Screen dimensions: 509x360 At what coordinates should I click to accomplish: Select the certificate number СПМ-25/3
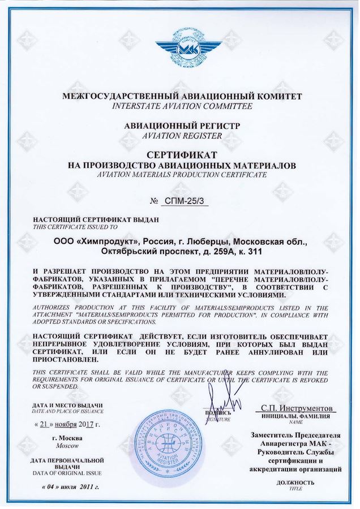(186, 201)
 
